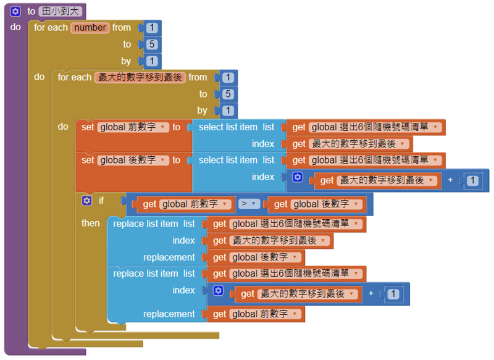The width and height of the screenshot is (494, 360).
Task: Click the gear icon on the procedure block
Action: [x=15, y=11]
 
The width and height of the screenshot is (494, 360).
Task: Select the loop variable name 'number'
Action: [x=90, y=27]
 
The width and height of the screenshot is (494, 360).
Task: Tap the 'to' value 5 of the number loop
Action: [x=152, y=44]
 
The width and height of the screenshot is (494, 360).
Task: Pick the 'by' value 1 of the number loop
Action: [x=152, y=61]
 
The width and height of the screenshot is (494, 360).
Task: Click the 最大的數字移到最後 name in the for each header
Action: [x=140, y=77]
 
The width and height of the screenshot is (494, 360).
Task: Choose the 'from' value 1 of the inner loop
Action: [x=228, y=77]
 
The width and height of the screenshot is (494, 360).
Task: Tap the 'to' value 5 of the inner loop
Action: [x=228, y=94]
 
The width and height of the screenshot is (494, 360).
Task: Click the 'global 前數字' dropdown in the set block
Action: [x=133, y=127]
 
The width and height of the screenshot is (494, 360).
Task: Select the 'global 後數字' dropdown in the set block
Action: [x=133, y=160]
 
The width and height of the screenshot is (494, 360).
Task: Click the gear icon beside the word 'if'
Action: [x=86, y=201]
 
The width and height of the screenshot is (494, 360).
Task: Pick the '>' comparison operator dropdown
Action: [x=249, y=204]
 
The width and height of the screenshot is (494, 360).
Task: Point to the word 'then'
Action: [x=90, y=223]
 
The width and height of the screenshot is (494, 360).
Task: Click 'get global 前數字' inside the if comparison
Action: [x=187, y=204]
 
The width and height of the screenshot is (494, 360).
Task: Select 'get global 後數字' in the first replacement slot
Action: [x=257, y=257]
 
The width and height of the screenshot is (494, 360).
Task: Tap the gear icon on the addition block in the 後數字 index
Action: [x=297, y=177]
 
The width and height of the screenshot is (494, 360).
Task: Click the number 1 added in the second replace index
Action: [x=393, y=293]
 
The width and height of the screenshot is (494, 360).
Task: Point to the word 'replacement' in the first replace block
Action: [x=169, y=257]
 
